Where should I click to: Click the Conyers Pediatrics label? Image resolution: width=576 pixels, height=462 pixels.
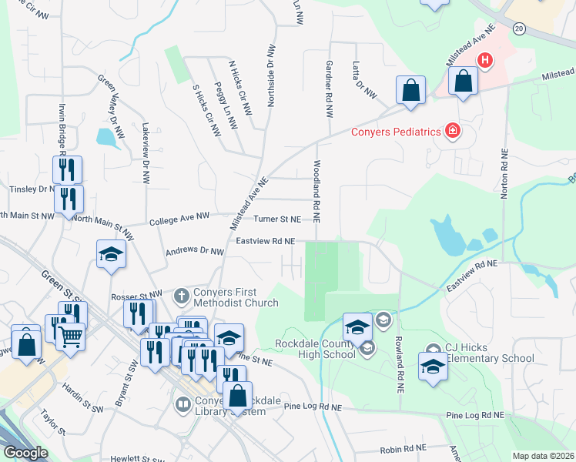pyautogui.click(x=396, y=132)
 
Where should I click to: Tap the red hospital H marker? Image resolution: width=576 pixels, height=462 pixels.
pyautogui.click(x=485, y=60)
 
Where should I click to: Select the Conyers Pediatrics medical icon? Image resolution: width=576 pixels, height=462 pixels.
pyautogui.click(x=453, y=132)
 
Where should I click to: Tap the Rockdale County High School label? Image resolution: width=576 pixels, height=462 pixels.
pyautogui.click(x=315, y=348)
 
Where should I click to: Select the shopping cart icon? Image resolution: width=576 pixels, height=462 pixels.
pyautogui.click(x=70, y=335)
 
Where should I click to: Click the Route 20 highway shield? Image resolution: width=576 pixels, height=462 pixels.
pyautogui.click(x=518, y=28)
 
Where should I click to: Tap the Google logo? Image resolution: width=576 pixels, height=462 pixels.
pyautogui.click(x=25, y=452)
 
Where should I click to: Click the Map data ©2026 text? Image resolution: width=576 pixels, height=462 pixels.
pyautogui.click(x=542, y=456)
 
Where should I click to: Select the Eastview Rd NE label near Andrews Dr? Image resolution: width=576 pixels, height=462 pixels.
pyautogui.click(x=266, y=241)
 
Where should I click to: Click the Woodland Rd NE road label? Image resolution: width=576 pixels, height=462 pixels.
pyautogui.click(x=316, y=189)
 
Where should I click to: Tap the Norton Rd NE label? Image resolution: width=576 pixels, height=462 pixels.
pyautogui.click(x=504, y=174)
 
